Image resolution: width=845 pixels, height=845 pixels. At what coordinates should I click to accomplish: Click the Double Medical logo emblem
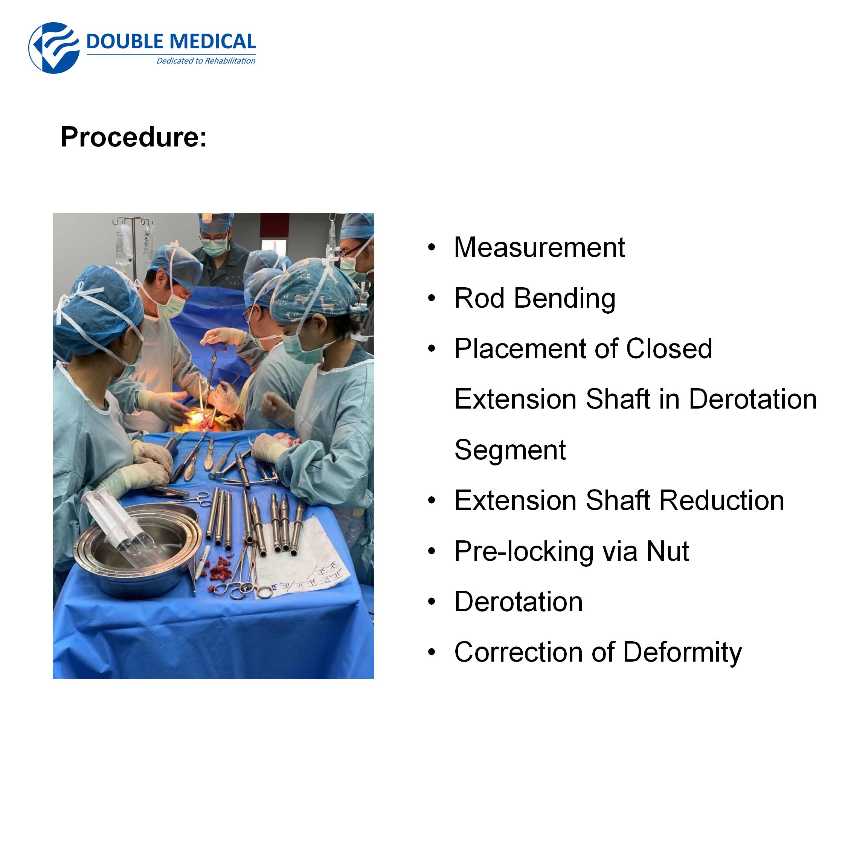pos(54,48)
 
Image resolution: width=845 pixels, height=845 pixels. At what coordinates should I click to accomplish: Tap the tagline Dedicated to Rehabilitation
pos(206,61)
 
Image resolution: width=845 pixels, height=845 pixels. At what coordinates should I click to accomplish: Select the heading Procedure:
pos(133,137)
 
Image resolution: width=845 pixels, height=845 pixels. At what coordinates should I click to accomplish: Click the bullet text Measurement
pos(539,247)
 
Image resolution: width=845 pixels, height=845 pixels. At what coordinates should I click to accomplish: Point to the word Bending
pos(564,299)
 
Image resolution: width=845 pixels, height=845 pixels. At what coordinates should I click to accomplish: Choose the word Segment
pos(510,450)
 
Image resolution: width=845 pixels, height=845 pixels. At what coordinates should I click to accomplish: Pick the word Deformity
pos(682,653)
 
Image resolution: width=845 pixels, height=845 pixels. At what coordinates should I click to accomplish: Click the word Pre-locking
pos(523,552)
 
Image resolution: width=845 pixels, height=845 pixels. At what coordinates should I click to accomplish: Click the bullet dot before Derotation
pos(432,602)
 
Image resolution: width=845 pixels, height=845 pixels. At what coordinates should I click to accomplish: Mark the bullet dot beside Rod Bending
pos(432,298)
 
